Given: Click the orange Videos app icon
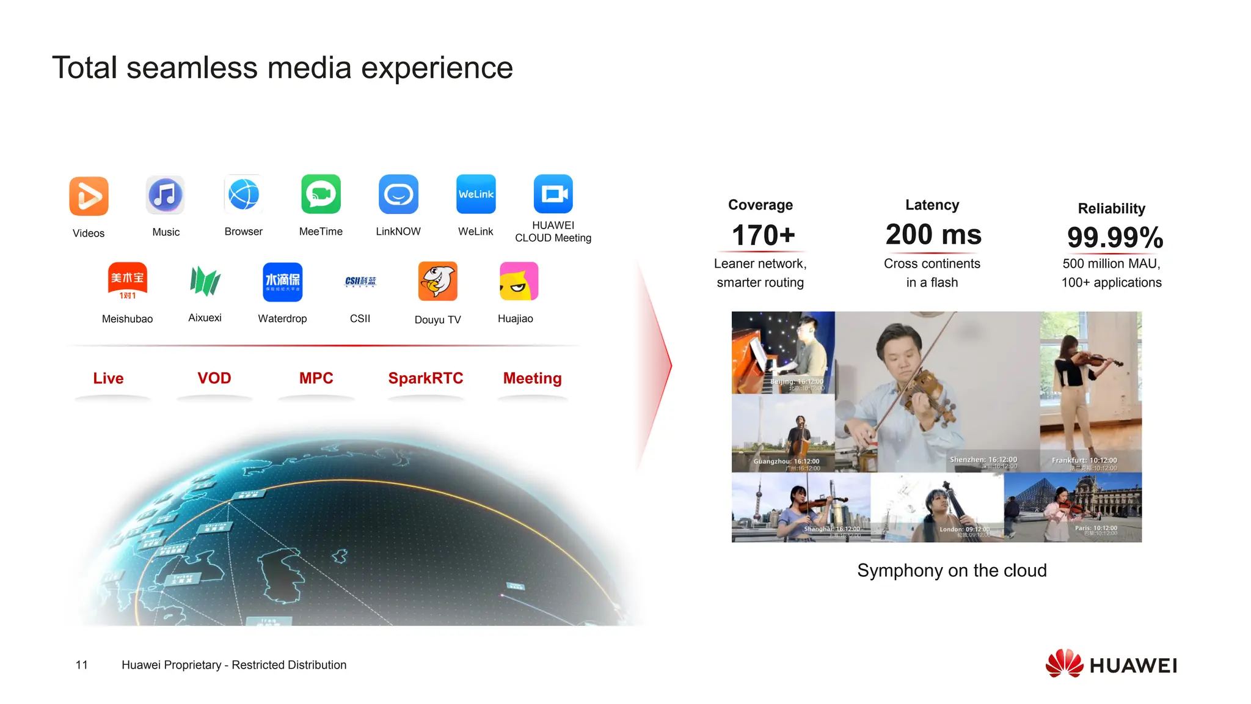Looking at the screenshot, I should point(89,196).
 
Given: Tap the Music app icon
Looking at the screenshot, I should point(166,195).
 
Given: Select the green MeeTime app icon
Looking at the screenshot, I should point(321,194).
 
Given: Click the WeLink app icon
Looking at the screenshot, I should point(476,194).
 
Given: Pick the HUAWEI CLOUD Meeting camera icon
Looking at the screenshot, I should point(553,194).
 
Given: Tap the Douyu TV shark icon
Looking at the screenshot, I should point(437,281).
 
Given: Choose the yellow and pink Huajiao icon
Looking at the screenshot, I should point(519,281).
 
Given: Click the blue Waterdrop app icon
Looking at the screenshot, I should point(282,282).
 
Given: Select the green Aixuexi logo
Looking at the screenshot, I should point(205,281).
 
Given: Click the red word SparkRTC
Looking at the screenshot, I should point(426,378).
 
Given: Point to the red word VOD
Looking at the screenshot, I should point(214,378).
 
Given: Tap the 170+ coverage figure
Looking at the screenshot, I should point(763,235).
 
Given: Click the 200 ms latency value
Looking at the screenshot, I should point(933,235).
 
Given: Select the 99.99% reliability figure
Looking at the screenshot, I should point(1115,238).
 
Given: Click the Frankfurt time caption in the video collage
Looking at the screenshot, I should point(1084,461).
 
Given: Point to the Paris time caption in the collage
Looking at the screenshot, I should point(1096,528).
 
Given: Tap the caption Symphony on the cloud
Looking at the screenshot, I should point(952,571).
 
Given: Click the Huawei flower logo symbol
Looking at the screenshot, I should point(1064,664).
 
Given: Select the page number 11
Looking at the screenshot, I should point(82,665).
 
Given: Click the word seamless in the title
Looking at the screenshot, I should point(192,68).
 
